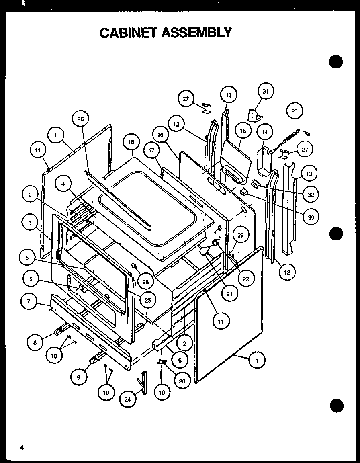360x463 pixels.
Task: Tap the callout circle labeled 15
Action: tap(243, 131)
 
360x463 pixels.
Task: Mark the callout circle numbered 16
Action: tap(161, 135)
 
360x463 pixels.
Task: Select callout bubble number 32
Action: tap(310, 195)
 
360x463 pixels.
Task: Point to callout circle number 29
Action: tap(241, 235)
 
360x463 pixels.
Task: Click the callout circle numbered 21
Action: tap(229, 294)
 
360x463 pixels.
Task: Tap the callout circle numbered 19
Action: tap(162, 393)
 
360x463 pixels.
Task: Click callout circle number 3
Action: tap(30, 224)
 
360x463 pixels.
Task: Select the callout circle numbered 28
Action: tap(145, 281)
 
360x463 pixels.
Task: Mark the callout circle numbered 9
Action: tap(78, 377)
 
